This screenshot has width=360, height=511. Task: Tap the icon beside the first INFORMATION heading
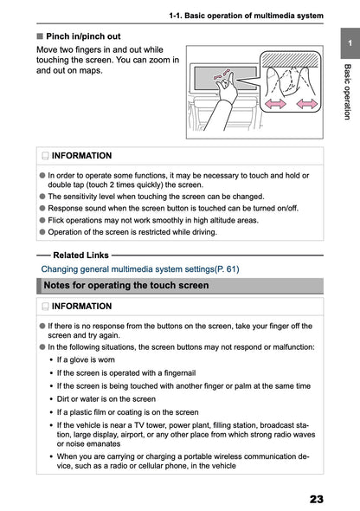[44, 156]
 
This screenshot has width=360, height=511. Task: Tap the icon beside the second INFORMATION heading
[44, 307]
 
